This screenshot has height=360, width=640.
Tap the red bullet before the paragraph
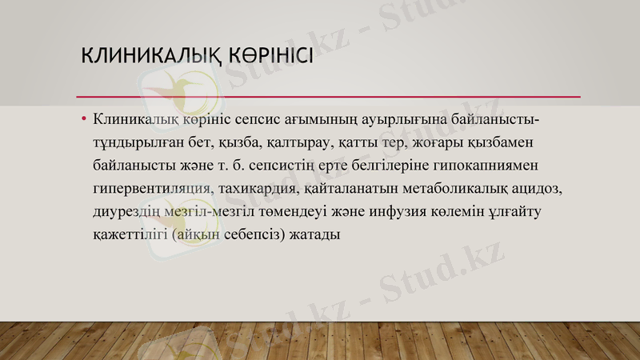83,120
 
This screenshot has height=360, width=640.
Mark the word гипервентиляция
153,190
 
